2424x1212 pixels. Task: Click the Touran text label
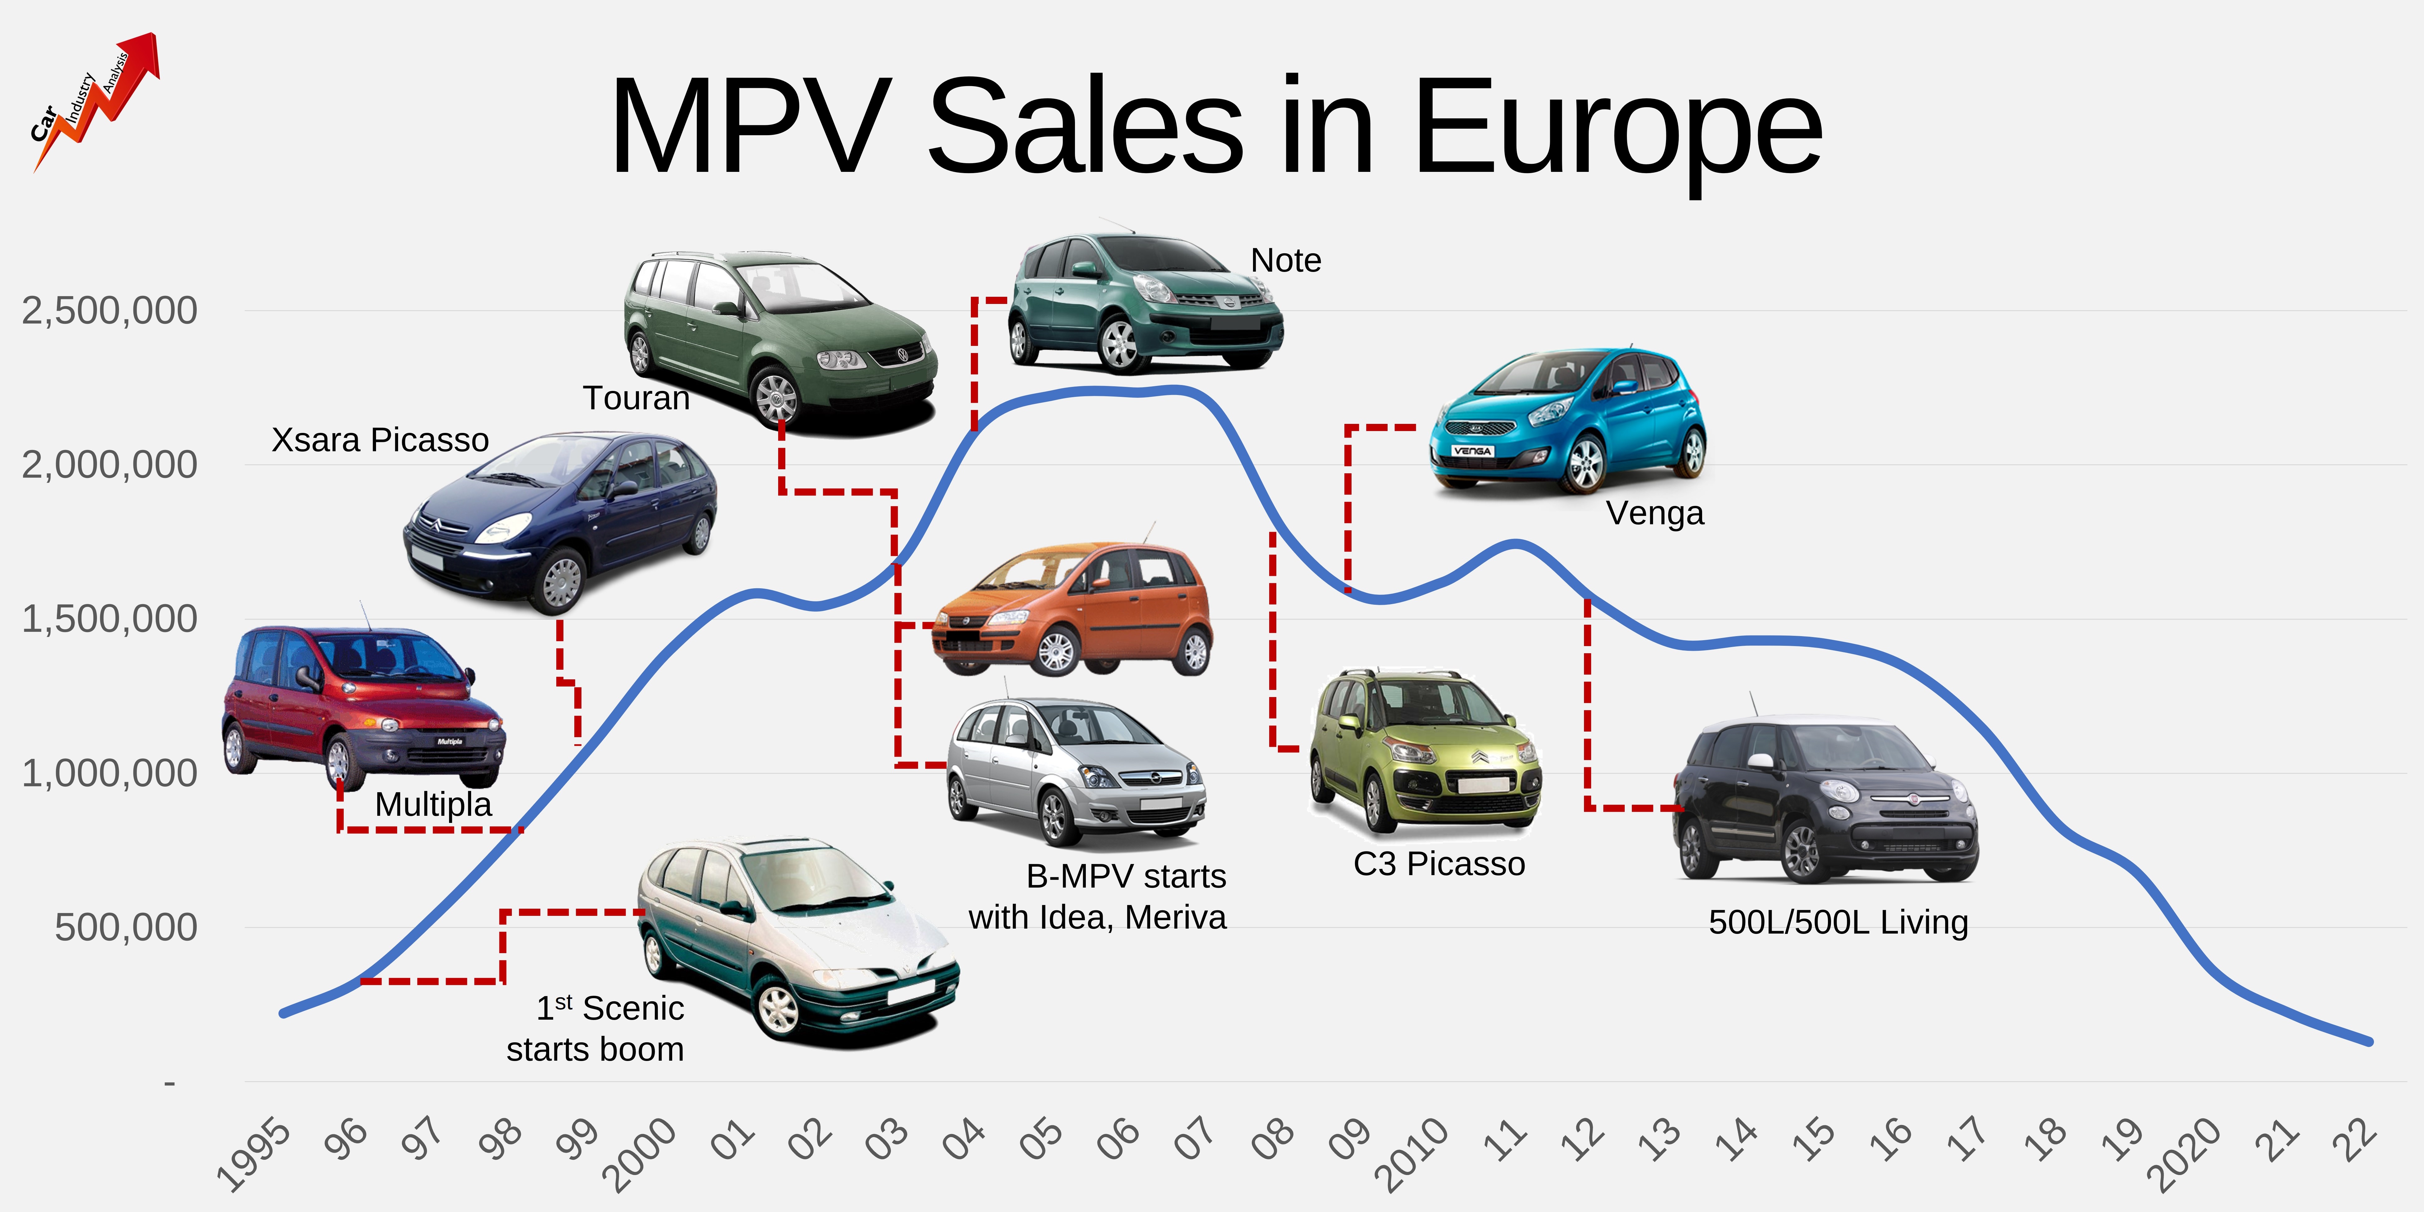click(x=636, y=398)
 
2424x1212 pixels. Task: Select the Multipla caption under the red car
click(x=433, y=805)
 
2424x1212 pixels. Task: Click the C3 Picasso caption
click(x=1439, y=864)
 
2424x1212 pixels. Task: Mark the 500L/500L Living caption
click(x=1838, y=922)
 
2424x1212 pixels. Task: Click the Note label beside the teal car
click(x=1285, y=261)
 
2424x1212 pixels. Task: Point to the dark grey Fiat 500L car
click(x=1825, y=800)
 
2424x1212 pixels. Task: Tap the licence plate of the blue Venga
click(x=1473, y=451)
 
